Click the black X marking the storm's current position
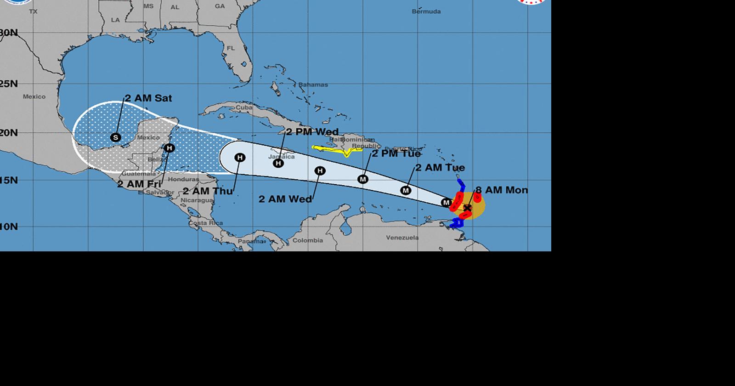[x=467, y=208]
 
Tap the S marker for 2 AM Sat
[x=116, y=137]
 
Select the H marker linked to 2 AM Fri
[x=170, y=148]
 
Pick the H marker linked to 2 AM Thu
[x=239, y=158]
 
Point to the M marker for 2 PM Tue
[x=363, y=179]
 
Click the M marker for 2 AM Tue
[x=406, y=190]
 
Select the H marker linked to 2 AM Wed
[x=320, y=171]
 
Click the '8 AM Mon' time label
[x=502, y=190]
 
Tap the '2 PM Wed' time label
[x=312, y=132]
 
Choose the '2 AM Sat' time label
[x=148, y=98]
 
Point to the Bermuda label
[x=426, y=11]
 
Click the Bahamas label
[x=313, y=85]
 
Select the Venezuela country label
[x=402, y=238]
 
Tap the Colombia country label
[x=308, y=240]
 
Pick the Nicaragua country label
[x=197, y=200]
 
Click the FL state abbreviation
[x=231, y=48]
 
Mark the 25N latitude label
[x=9, y=84]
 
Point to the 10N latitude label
[x=9, y=227]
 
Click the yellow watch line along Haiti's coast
[x=338, y=149]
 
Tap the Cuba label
[x=244, y=108]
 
